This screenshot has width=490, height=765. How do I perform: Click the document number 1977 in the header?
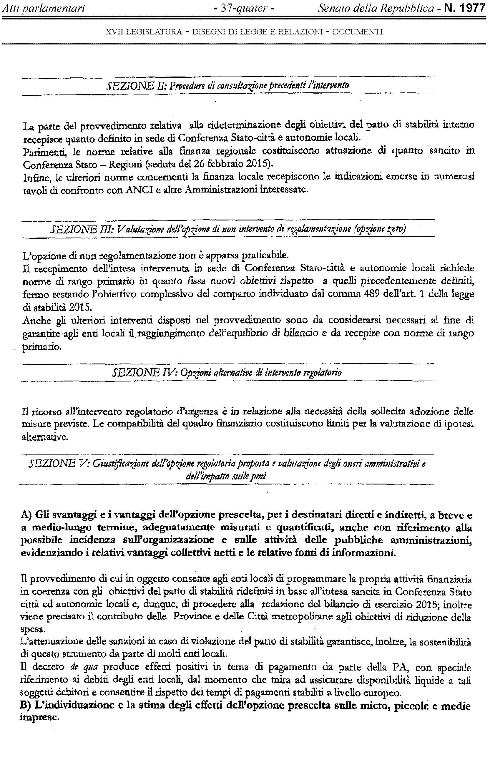point(471,8)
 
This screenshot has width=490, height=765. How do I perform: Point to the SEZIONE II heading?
point(227,85)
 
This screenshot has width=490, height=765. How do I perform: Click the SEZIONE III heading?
point(228,229)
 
